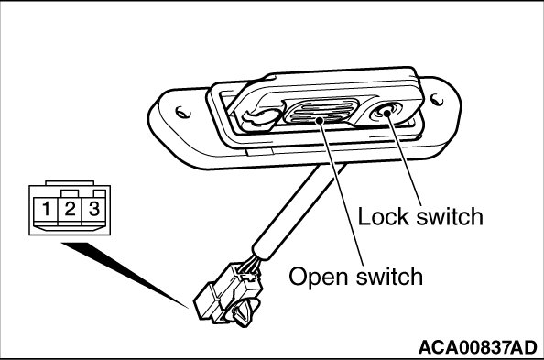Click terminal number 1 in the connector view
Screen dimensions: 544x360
(46, 209)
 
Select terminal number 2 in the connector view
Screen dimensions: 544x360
(70, 209)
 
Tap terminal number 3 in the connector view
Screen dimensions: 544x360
(94, 209)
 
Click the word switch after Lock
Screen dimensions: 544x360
(450, 216)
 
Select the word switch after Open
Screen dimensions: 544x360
(389, 277)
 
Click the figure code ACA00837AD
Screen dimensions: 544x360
(477, 347)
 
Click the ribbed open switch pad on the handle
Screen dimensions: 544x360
(320, 111)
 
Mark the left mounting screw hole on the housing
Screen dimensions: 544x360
(182, 112)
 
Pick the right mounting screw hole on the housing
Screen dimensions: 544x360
(437, 100)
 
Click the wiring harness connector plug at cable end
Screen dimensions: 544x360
(227, 291)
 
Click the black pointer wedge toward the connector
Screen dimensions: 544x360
(125, 275)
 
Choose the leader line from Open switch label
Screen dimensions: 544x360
(342, 193)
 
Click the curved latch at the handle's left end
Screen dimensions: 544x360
(261, 117)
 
